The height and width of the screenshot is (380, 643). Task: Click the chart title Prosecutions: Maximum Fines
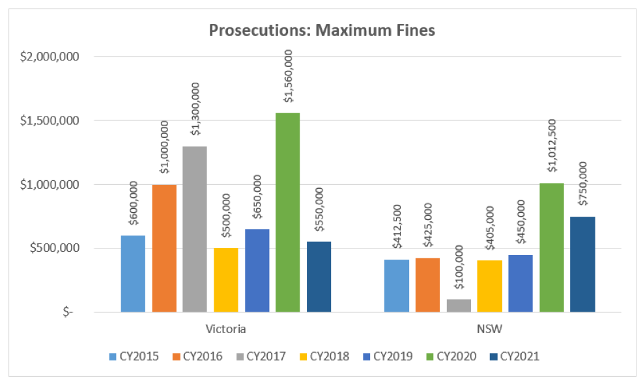point(321,30)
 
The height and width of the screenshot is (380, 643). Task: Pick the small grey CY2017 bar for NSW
point(459,306)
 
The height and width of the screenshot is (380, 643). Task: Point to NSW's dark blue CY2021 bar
point(582,264)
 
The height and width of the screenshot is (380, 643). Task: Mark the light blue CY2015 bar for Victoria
point(133,273)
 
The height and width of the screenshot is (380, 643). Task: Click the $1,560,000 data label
point(288,79)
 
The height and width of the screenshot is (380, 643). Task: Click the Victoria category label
point(225,329)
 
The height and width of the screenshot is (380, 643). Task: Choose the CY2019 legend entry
point(390,356)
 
